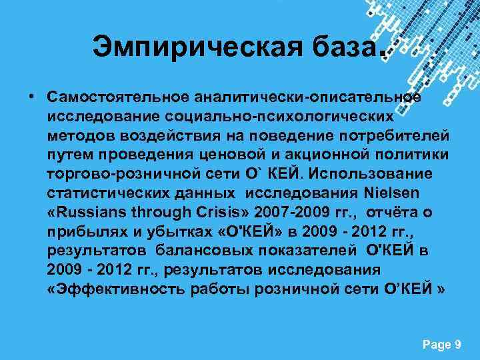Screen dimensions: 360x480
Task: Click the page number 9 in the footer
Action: [x=458, y=344]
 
